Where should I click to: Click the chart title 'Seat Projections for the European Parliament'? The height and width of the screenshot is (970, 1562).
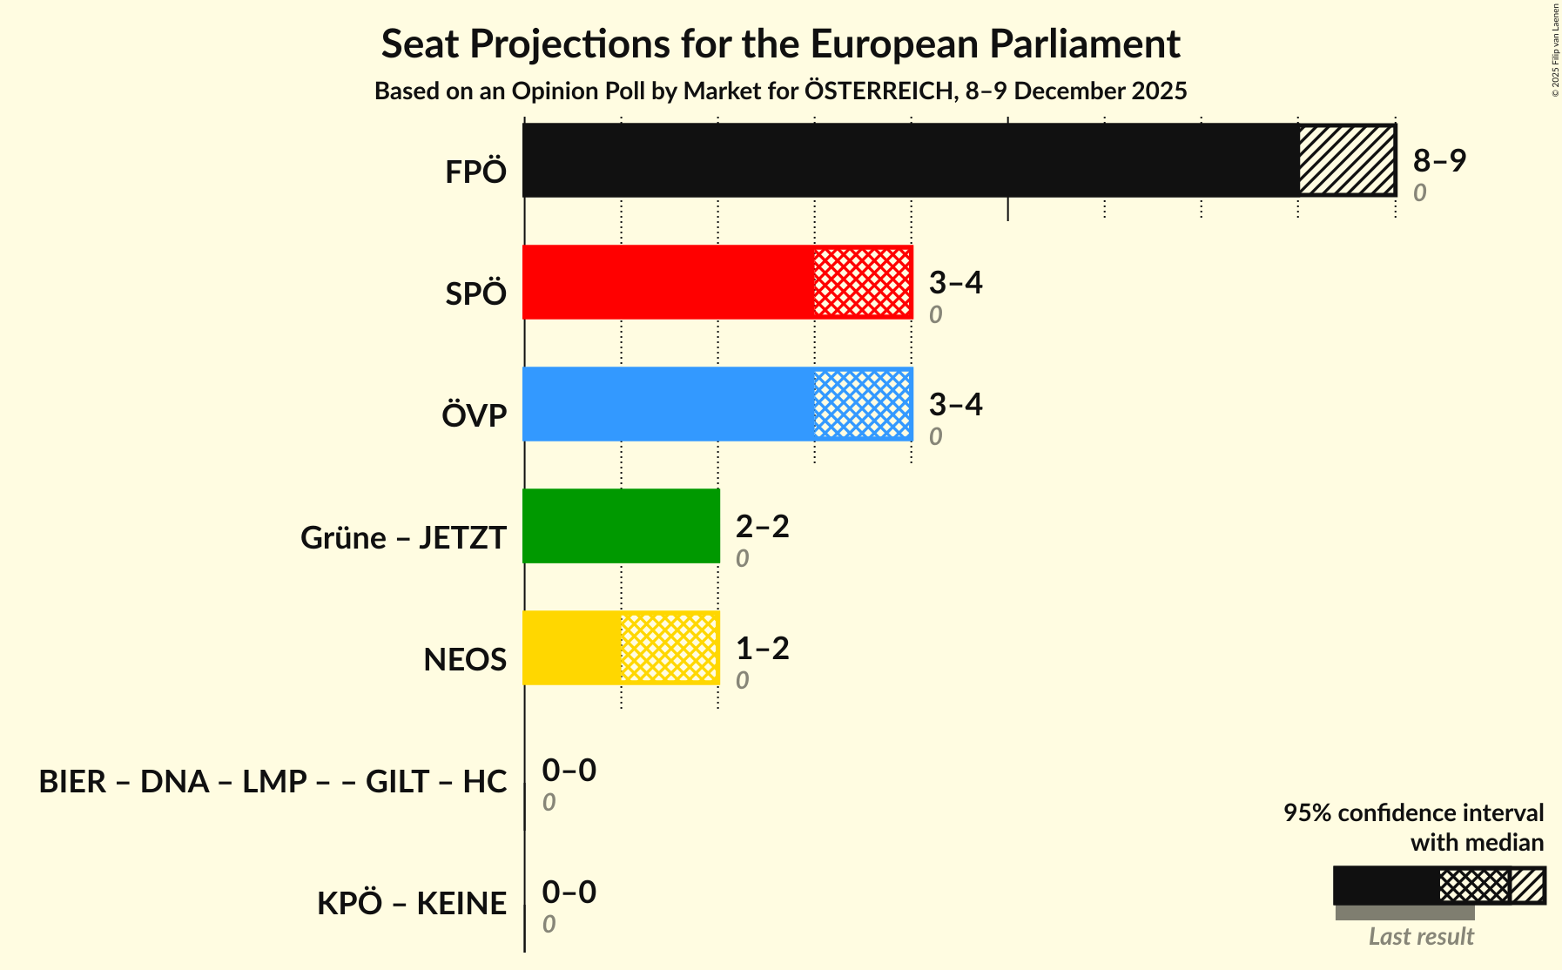point(780,44)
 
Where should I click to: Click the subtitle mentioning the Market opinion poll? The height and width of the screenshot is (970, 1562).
point(780,91)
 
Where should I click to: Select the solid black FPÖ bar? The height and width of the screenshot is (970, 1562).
point(910,160)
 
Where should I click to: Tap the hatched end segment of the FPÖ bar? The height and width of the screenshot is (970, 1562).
point(1346,160)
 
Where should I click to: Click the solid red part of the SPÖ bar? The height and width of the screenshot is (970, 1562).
point(668,282)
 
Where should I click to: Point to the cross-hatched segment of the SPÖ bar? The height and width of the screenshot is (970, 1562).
point(863,282)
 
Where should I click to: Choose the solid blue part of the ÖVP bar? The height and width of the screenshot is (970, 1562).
point(668,404)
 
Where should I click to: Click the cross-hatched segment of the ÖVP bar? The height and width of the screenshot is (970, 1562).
point(863,404)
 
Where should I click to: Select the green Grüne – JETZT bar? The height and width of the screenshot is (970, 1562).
point(621,526)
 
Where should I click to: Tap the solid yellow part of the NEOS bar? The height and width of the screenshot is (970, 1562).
point(572,648)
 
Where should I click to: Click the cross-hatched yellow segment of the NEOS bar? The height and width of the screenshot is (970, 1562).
point(670,648)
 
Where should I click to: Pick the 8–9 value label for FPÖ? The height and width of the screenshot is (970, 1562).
point(1439,160)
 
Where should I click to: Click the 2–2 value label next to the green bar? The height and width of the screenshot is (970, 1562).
point(762,526)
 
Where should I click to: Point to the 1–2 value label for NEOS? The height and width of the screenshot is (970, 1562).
point(762,648)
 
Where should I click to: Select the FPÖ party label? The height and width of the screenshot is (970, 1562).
point(475,172)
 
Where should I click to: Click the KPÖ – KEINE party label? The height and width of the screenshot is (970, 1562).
point(411,904)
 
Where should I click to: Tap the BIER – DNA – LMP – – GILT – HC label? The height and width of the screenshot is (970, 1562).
point(273,782)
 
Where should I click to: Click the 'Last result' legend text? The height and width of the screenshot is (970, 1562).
point(1421,937)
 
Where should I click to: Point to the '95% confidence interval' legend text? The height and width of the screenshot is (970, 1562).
point(1413,813)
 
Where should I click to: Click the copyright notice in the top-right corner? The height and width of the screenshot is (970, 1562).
point(1555,50)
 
